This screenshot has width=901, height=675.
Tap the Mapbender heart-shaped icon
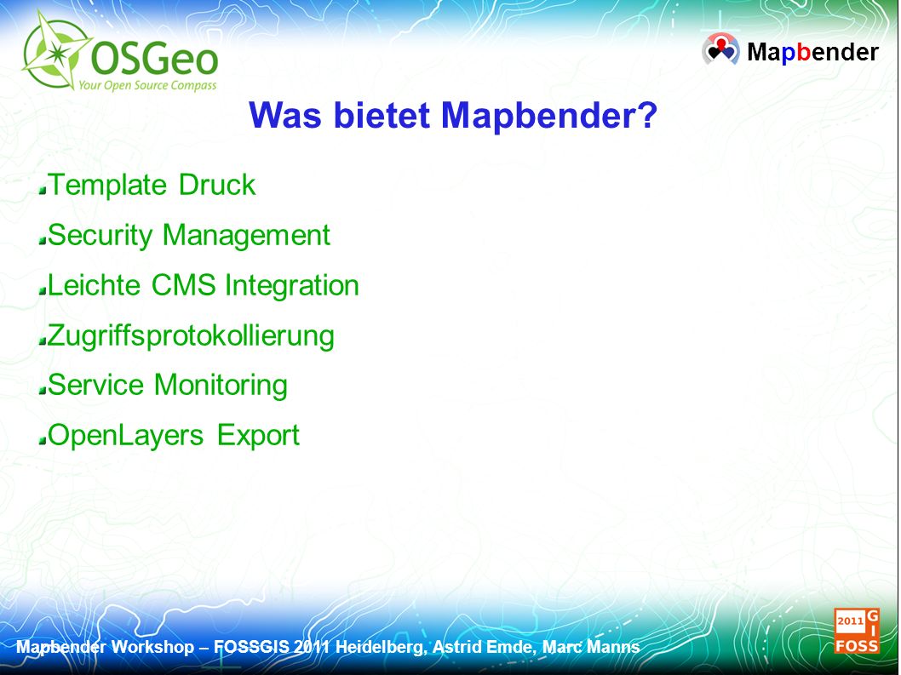coord(720,49)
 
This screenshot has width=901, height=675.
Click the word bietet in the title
coord(382,115)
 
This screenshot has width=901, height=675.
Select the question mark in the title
coord(647,115)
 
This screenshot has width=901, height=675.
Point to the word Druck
coord(217,185)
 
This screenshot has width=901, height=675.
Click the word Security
coord(100,236)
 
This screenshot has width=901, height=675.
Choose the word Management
coord(246,236)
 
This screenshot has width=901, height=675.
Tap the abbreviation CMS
coord(184,285)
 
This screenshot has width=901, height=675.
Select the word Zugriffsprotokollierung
coord(191,336)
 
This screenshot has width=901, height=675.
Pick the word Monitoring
coord(221,386)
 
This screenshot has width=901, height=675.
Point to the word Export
coord(259,436)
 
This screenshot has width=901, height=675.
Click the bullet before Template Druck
coord(42,191)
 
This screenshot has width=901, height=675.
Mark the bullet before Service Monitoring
coord(42,391)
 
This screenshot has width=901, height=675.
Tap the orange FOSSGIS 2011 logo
coord(857,631)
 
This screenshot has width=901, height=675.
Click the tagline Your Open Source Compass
coord(147,86)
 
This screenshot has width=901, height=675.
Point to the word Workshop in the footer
coord(152,648)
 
